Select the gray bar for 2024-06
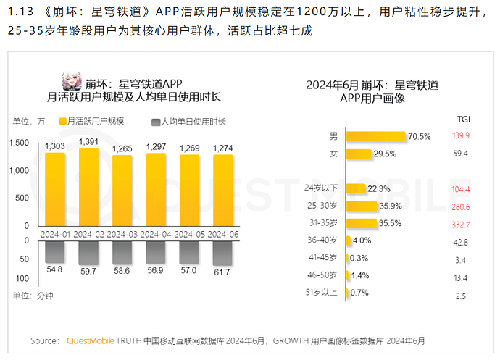point(222,253)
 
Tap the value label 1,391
point(88,141)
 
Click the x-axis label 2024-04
point(156,234)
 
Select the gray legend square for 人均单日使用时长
point(156,121)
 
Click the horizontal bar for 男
point(375,135)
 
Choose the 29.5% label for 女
point(385,154)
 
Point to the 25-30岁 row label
point(323,206)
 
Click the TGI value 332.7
point(461,224)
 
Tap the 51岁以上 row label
point(322,292)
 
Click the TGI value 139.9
point(461,135)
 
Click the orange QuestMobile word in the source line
point(91,340)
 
